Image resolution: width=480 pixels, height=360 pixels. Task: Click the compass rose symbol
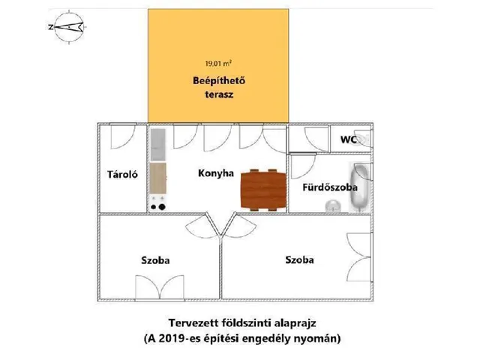(x=69, y=27)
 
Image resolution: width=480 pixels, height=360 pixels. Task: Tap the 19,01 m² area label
(x=218, y=64)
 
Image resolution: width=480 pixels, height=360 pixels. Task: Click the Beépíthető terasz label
(x=219, y=88)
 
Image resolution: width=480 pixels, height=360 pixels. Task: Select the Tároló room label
(x=122, y=175)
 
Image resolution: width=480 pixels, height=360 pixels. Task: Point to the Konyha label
(x=216, y=173)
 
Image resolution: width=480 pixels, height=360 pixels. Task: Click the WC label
(x=349, y=139)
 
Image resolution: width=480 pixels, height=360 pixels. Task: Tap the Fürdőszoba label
(x=330, y=187)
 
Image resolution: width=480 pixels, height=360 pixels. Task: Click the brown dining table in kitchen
(x=263, y=190)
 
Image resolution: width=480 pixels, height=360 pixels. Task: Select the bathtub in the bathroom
(x=360, y=187)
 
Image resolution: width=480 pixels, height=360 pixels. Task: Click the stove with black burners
(x=158, y=203)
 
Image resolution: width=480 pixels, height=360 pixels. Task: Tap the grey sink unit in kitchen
(x=158, y=145)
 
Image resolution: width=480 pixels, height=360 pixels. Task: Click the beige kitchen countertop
(x=158, y=178)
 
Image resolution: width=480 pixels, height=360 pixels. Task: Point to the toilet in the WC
(x=364, y=139)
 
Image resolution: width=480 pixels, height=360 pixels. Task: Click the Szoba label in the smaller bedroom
(x=155, y=260)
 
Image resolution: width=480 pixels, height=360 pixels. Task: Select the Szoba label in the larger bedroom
(x=299, y=260)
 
